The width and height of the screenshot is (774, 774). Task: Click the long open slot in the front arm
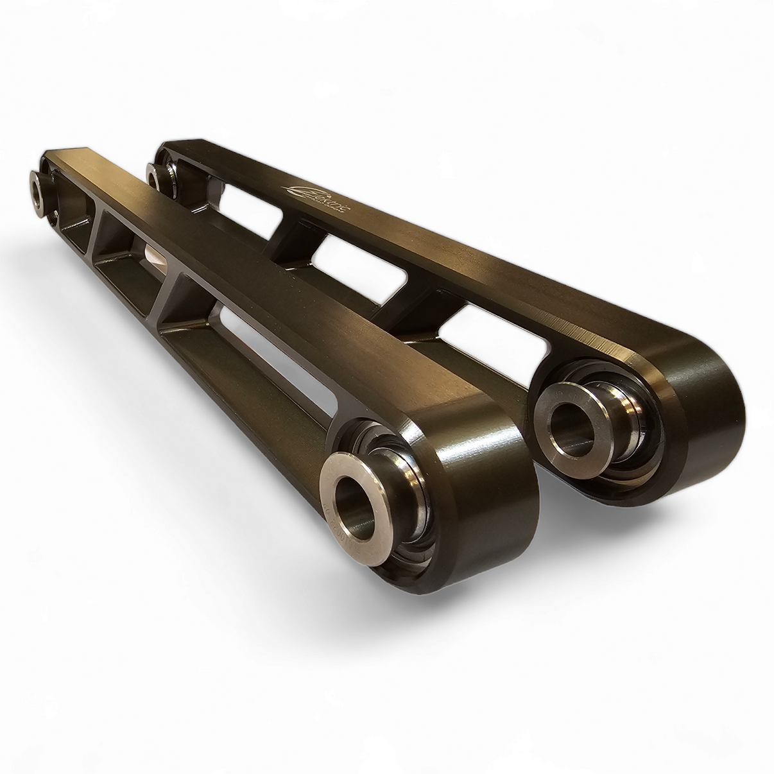[x=270, y=359]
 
